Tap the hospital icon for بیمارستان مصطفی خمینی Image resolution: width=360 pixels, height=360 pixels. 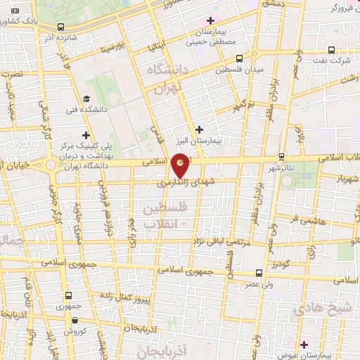pyautogui.click(x=209, y=20)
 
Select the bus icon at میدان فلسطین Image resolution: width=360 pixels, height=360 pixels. pyautogui.click(x=240, y=59)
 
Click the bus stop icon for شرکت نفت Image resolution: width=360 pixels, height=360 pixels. pyautogui.click(x=331, y=50)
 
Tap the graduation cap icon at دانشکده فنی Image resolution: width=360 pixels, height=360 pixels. pyautogui.click(x=86, y=99)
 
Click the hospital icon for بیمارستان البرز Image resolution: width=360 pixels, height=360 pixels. pyautogui.click(x=200, y=129)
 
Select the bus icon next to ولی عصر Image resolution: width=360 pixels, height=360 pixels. pyautogui.click(x=259, y=272)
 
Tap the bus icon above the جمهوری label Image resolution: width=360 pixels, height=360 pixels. pyautogui.click(x=68, y=296)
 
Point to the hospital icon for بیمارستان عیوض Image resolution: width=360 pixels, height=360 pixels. pyautogui.click(x=304, y=345)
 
